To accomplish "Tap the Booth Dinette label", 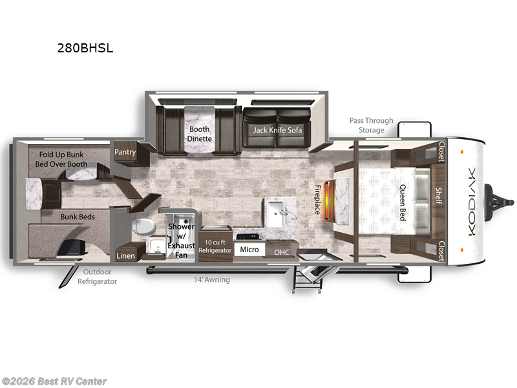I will click(x=199, y=133).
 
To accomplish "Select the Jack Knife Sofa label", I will click(x=277, y=129).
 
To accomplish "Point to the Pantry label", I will click(x=125, y=152).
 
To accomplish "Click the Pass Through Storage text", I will click(x=367, y=125).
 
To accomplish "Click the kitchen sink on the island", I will click(x=279, y=210).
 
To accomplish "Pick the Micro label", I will click(x=249, y=250).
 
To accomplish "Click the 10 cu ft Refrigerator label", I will click(x=215, y=246).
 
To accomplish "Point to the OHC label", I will click(x=282, y=252).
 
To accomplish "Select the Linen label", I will click(x=125, y=255).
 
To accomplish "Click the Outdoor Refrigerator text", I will click(x=98, y=277).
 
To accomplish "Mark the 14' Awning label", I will click(x=212, y=279).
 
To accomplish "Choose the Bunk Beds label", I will click(x=78, y=217).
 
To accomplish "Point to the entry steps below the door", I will click(x=310, y=277).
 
